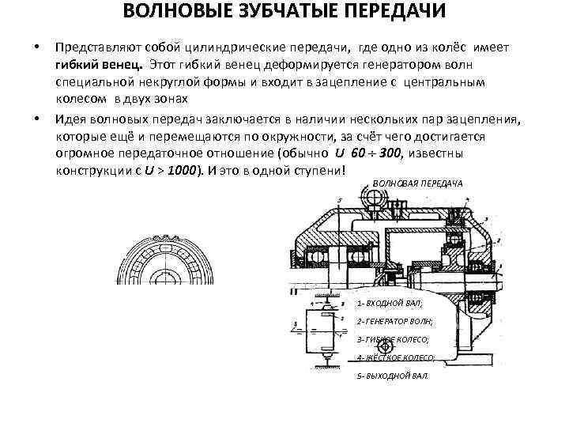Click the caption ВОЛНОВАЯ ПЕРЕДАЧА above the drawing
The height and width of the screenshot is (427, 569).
coord(417,184)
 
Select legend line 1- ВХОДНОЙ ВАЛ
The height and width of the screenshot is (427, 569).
coord(390,303)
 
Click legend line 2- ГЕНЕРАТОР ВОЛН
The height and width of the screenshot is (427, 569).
coord(395,321)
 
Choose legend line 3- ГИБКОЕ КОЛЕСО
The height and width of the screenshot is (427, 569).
coord(393,339)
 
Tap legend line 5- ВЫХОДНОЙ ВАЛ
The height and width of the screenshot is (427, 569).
coord(392,375)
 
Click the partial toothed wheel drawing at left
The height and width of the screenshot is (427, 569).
coord(167,259)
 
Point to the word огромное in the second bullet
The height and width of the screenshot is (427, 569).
coord(86,153)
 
